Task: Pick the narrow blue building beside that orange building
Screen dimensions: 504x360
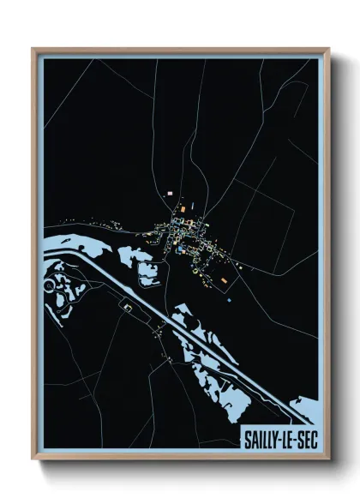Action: click(192, 206)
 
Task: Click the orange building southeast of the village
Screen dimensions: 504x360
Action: click(224, 280)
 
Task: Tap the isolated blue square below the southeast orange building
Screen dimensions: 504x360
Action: click(230, 299)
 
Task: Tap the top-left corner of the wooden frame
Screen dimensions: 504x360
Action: click(33, 50)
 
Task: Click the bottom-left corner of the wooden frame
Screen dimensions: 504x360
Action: click(33, 458)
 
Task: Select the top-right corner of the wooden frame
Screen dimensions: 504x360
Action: click(328, 50)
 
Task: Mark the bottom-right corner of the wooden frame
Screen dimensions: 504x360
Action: click(328, 458)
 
